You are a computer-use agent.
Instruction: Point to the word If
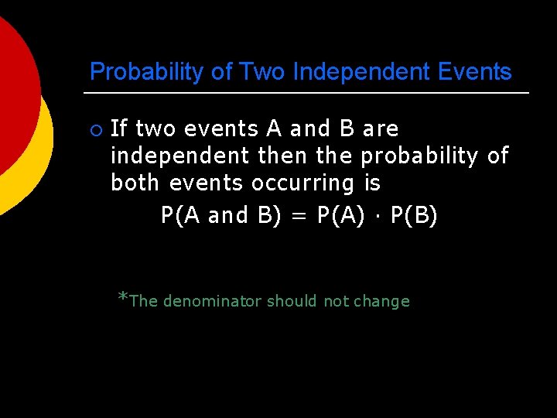[120, 128]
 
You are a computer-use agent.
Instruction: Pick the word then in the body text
[283, 156]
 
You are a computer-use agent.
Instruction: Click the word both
[136, 183]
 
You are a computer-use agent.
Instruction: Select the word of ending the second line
[498, 156]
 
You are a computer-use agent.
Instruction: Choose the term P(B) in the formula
[414, 216]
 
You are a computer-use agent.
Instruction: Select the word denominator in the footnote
[212, 302]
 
